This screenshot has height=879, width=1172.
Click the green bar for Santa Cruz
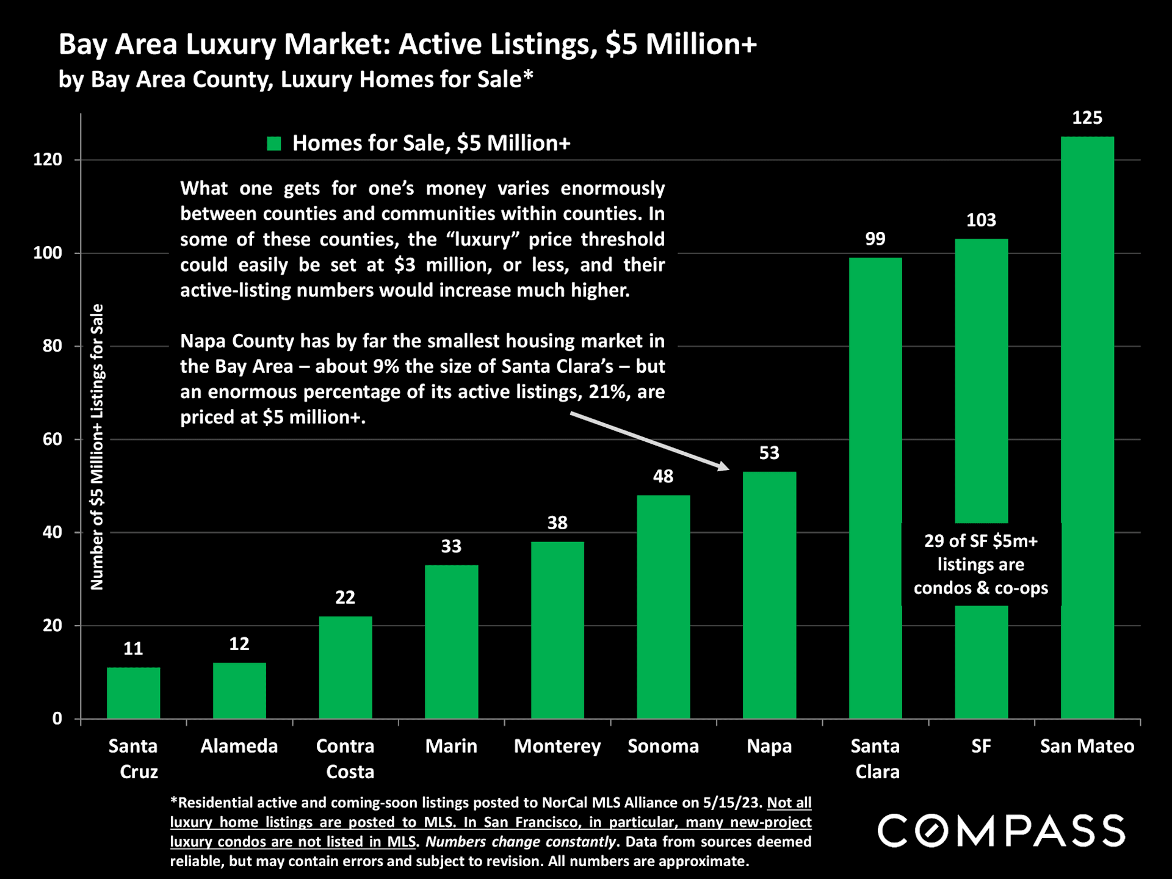point(133,693)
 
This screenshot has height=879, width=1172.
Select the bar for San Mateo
point(1087,427)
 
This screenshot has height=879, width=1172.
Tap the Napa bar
point(769,595)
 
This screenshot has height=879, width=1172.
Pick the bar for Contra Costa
point(345,667)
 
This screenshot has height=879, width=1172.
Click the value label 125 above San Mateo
point(1087,118)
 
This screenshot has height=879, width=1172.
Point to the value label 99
point(875,239)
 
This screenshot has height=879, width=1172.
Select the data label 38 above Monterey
point(557,523)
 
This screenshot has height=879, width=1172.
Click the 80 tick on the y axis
point(52,346)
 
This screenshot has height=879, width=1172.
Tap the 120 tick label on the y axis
point(48,160)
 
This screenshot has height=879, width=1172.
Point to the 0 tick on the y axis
point(57,718)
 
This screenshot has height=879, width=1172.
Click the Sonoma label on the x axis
point(663,746)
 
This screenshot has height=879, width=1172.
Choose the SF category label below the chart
point(981,746)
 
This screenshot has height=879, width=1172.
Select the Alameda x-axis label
point(239,746)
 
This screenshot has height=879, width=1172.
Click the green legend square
point(274,143)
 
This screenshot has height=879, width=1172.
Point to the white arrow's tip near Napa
point(728,469)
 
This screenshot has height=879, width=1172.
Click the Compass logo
point(1001,831)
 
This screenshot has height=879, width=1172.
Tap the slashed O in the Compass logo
point(931,831)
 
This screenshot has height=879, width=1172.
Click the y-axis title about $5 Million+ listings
point(97,447)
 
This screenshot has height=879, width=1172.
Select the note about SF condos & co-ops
point(981,564)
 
